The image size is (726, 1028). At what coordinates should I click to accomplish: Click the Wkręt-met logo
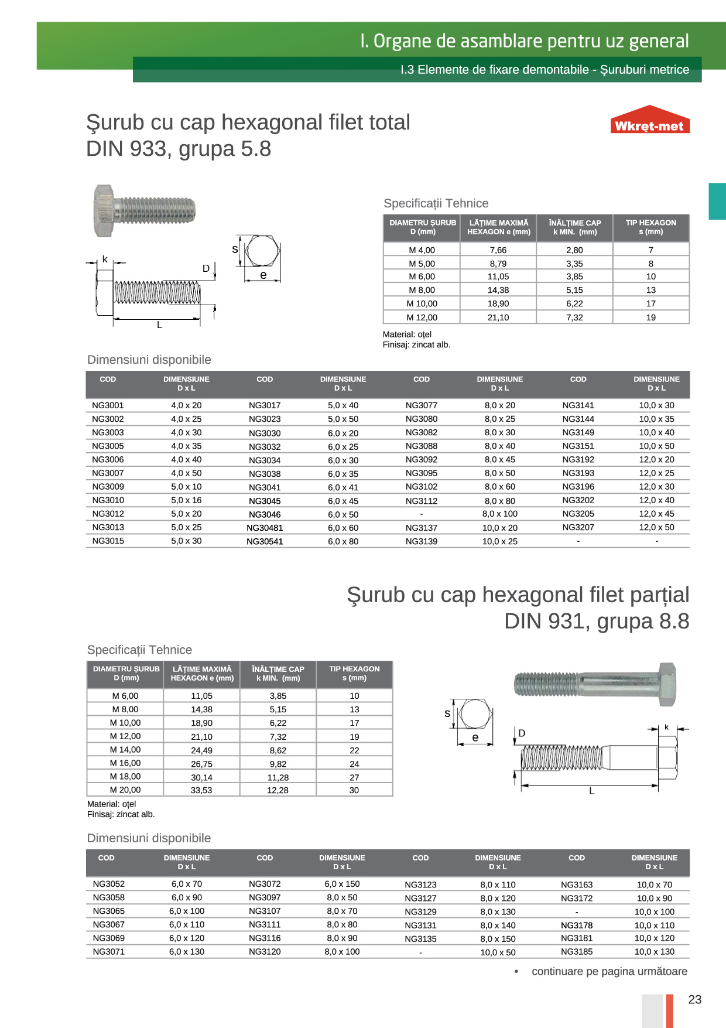pos(649,121)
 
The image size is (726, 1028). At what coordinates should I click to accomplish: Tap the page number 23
pos(694,999)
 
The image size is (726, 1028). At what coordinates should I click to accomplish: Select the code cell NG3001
pos(108,405)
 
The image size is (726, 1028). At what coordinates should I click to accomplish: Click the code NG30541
pos(265,541)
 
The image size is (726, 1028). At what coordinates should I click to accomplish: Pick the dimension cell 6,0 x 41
pos(343,487)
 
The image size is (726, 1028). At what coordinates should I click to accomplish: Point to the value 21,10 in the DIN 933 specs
pos(498,317)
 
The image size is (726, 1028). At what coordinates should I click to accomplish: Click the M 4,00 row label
pos(422,250)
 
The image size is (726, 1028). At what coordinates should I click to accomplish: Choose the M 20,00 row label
pos(125,790)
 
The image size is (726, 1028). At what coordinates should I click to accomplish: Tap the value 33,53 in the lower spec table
pos(201,790)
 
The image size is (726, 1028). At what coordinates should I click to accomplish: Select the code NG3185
pos(577,951)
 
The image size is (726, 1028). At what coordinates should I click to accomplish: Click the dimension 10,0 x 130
pos(654,951)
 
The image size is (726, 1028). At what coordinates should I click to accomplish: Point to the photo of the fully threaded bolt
pos(144,211)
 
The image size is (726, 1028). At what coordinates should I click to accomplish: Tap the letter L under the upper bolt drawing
pos(159,325)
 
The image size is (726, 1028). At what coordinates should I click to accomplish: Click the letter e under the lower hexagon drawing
pos(475,737)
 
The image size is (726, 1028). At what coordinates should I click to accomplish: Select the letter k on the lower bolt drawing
pos(666,727)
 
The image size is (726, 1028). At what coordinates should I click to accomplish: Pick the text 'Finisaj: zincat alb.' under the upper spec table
pos(416,344)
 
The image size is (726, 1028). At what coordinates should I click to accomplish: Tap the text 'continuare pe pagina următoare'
pos(609,971)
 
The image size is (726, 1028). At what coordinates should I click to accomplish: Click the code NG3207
pos(578,527)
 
